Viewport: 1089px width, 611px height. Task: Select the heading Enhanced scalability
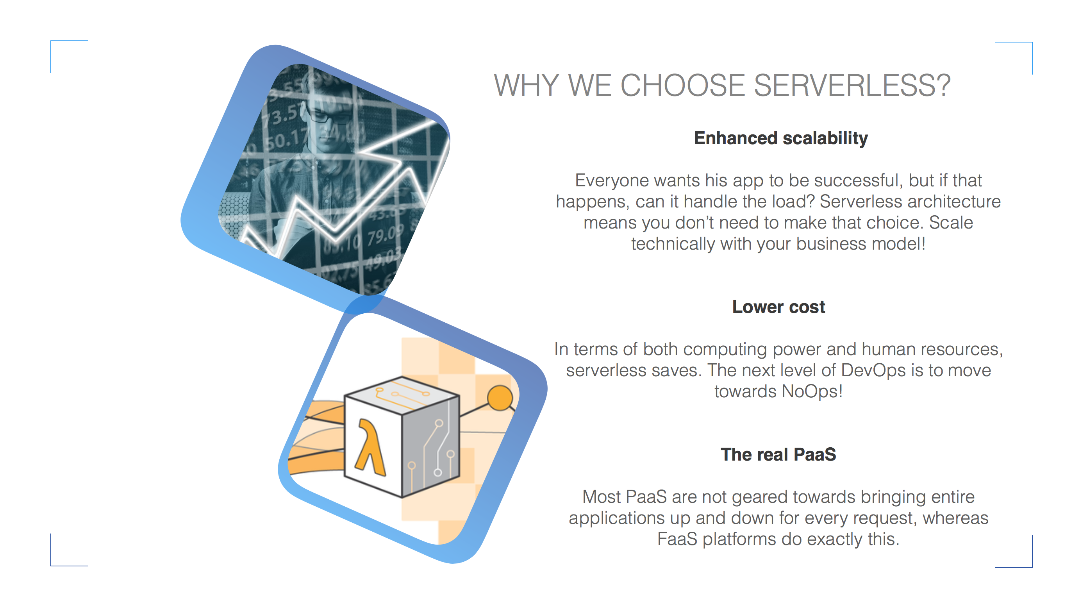[781, 138]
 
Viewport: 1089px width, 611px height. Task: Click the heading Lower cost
[778, 307]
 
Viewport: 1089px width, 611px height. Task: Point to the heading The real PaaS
[778, 455]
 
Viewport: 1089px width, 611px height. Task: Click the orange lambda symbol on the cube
[370, 447]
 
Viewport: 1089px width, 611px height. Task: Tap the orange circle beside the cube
[500, 398]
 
